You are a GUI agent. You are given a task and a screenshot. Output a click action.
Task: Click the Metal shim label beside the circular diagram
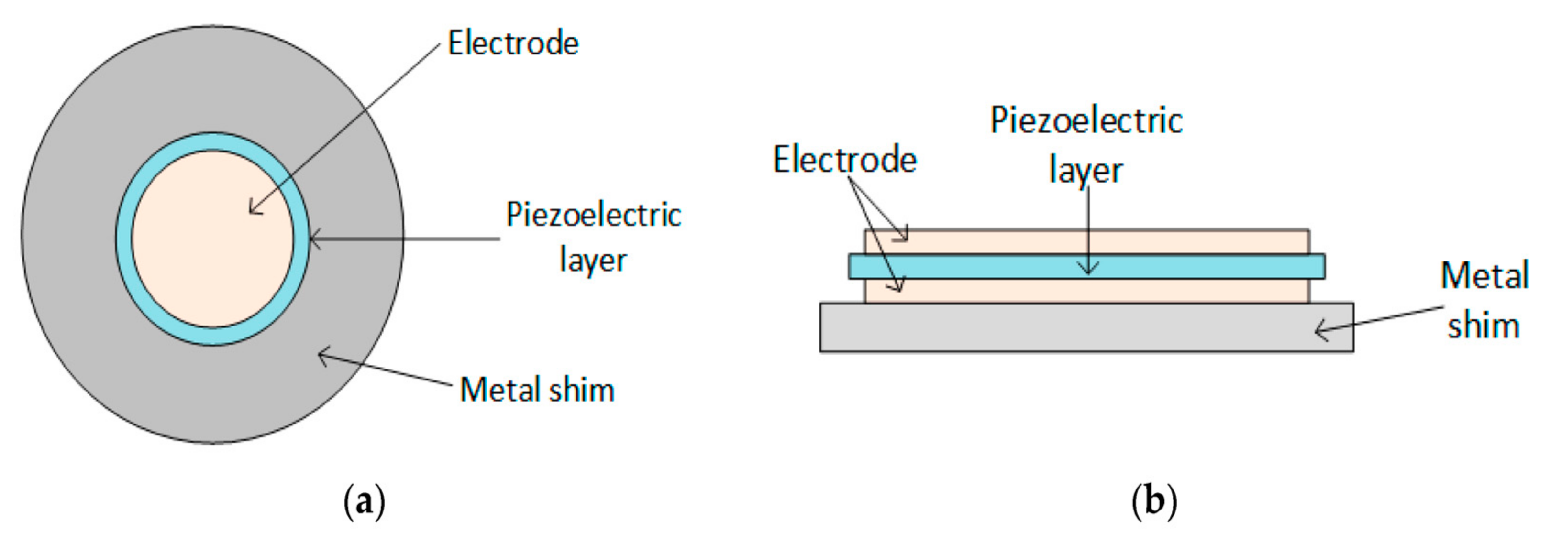[537, 390]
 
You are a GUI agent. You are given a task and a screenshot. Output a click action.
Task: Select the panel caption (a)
[364, 502]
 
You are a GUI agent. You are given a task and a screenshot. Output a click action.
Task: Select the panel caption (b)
[1154, 502]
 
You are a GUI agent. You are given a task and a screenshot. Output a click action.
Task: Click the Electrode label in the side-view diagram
[844, 160]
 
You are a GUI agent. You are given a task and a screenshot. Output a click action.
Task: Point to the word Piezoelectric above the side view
[1086, 120]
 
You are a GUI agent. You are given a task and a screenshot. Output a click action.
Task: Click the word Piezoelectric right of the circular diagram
[593, 215]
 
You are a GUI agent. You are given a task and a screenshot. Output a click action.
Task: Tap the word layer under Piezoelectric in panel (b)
[1085, 171]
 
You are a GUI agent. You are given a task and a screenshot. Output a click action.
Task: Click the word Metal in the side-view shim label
[1484, 276]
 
